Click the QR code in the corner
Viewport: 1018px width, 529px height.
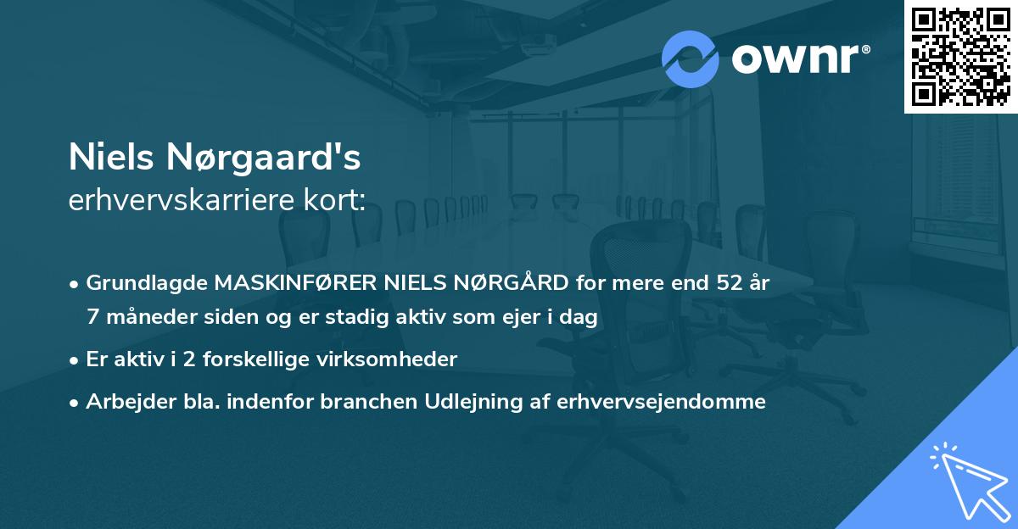(960, 57)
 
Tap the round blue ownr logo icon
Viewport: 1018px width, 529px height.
(690, 59)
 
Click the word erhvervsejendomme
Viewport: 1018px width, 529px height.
(661, 402)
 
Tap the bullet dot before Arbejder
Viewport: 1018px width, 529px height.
(75, 403)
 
